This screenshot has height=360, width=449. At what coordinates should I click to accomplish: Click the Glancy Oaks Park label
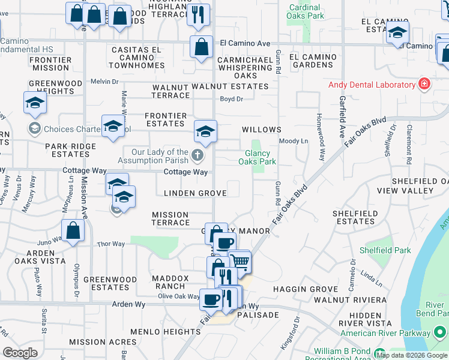point(257,157)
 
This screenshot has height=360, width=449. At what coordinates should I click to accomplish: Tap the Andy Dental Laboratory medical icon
point(424,84)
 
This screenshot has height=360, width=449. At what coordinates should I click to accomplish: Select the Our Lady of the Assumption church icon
point(197,157)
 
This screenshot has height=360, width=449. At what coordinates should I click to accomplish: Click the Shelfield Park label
point(385,250)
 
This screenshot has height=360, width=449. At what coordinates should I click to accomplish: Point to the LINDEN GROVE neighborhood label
point(195,193)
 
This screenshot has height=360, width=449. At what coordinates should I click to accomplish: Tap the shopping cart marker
point(240,262)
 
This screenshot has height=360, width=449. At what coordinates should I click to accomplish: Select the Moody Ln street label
point(294,141)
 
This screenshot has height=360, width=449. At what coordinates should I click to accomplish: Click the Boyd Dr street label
point(231,99)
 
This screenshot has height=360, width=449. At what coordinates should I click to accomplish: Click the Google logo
point(20,353)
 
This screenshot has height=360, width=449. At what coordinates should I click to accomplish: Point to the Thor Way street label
point(111,244)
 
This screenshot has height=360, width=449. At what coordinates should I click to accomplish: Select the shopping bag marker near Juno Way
point(73,232)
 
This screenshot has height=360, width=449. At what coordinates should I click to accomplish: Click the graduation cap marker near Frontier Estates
point(205,132)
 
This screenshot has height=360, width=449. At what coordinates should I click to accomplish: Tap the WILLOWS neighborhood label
point(261,130)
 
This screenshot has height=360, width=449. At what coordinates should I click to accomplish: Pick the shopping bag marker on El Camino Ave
point(201,47)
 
